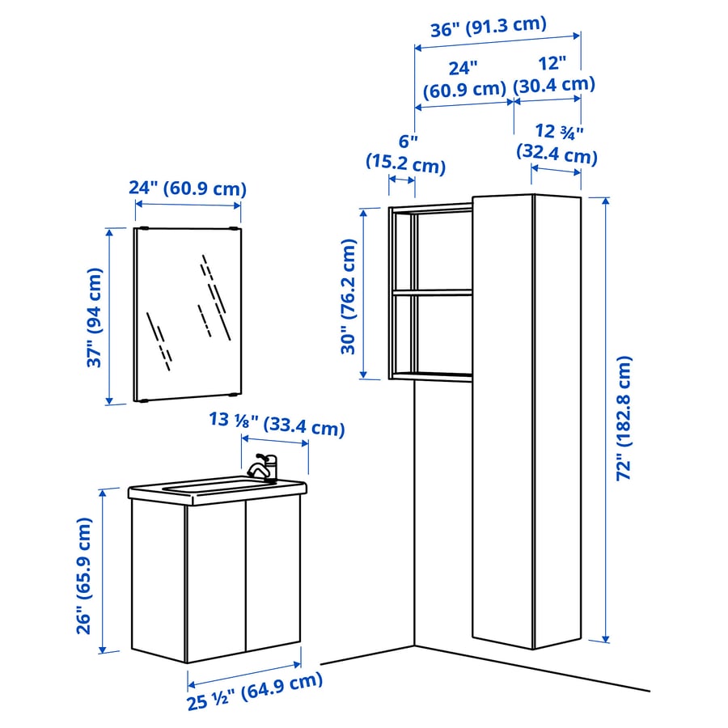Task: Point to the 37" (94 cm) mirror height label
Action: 96,317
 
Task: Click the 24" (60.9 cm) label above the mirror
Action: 187,188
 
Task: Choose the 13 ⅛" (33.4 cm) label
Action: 276,423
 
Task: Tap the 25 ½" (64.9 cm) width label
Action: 256,690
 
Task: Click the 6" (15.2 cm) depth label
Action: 405,154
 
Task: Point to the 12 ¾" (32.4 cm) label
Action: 557,142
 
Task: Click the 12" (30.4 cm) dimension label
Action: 555,73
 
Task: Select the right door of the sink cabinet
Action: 272,578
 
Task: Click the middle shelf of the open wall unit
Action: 433,293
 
